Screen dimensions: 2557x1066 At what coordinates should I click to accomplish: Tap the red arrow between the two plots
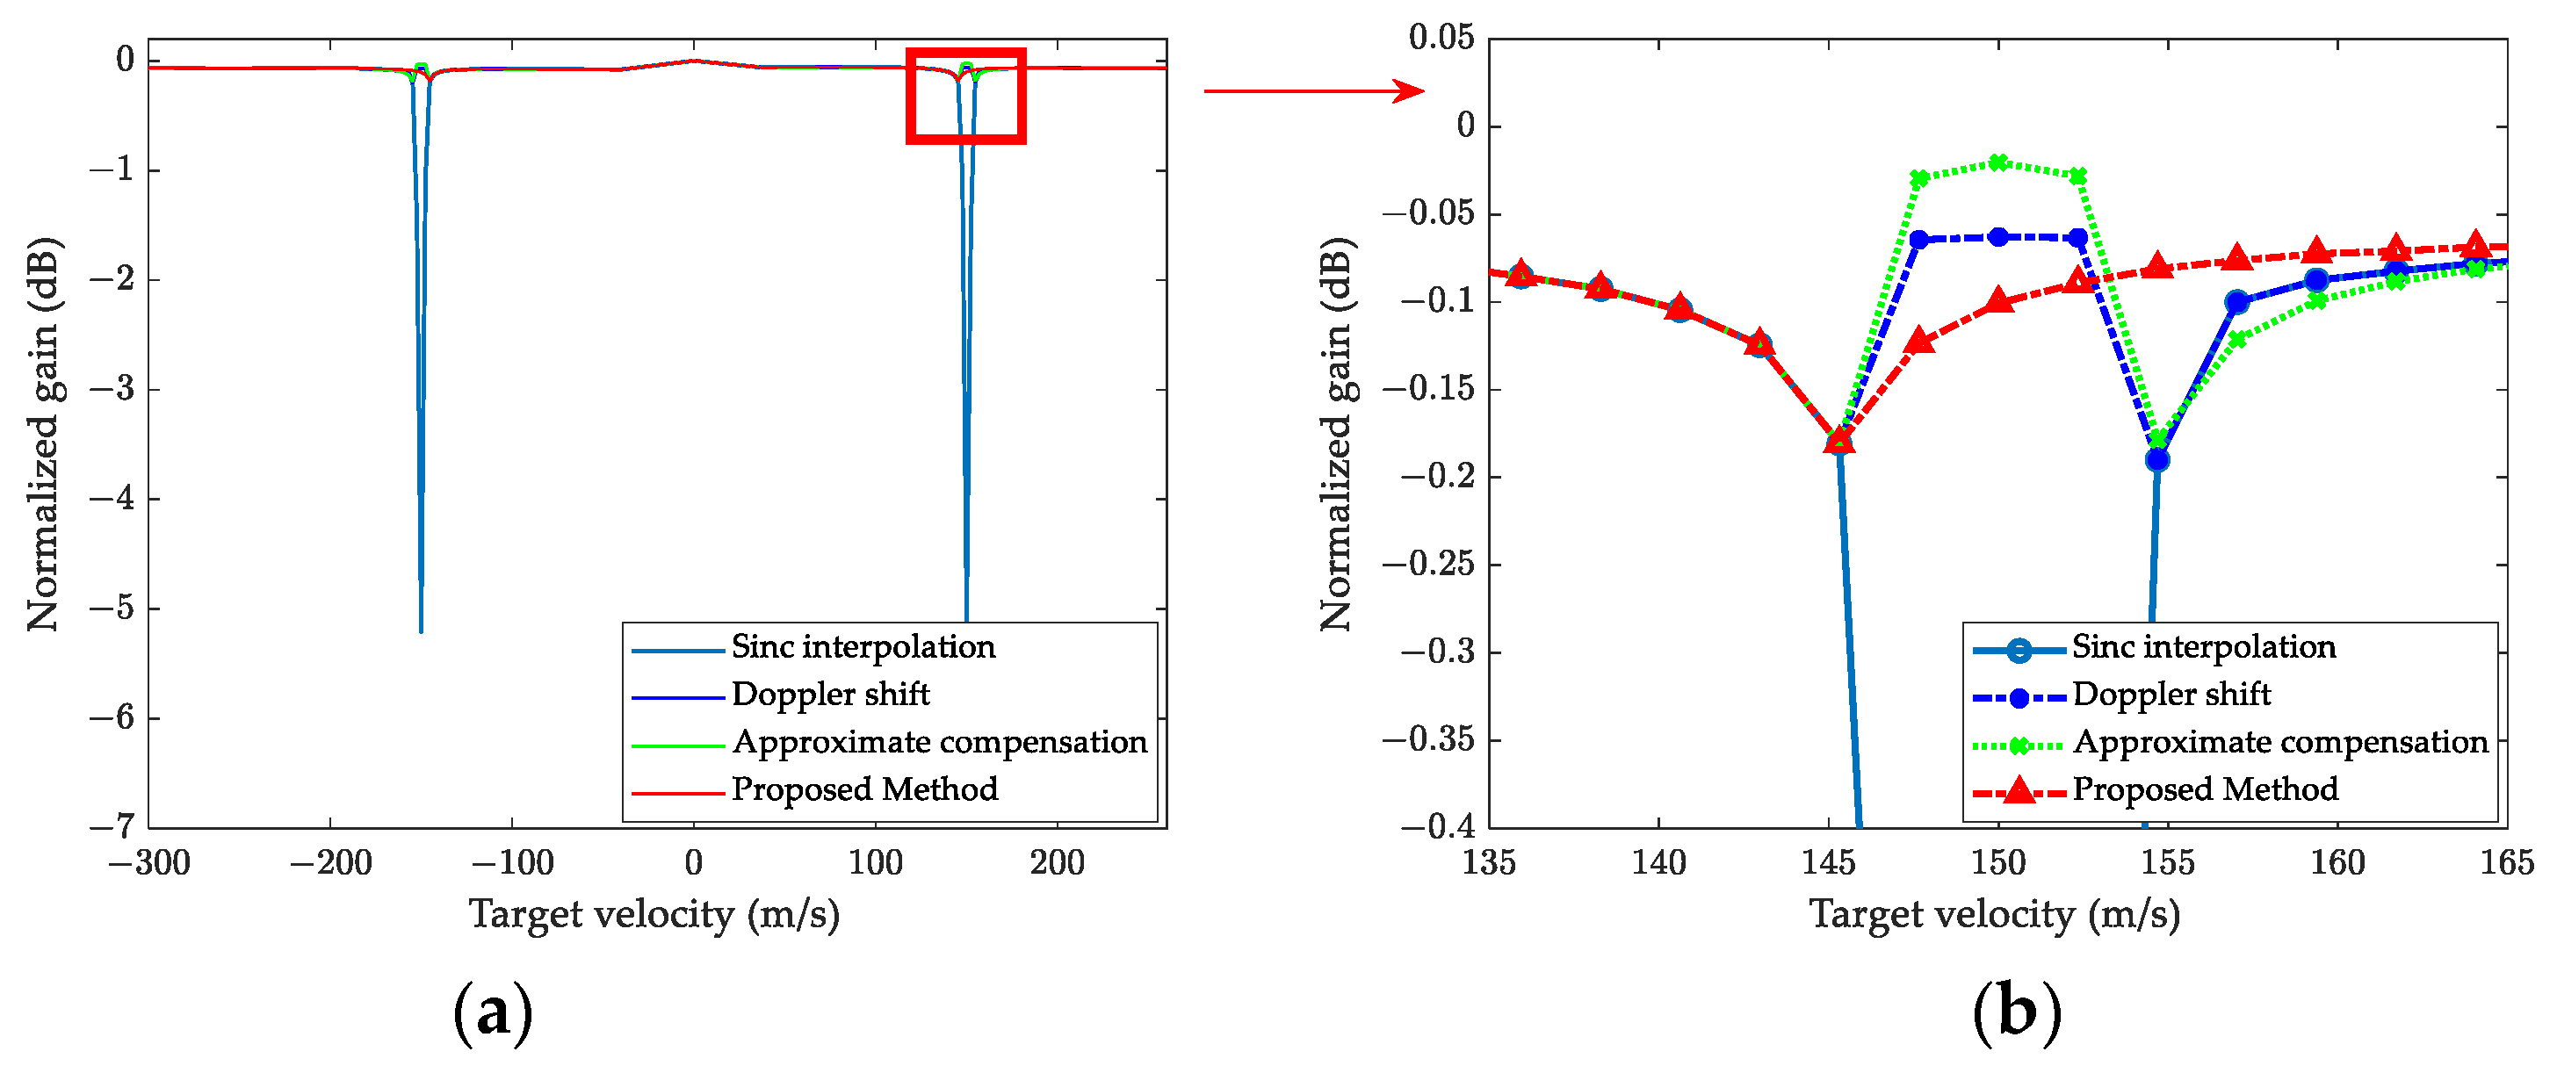point(1314,90)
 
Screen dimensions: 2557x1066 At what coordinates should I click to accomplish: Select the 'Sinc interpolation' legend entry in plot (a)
point(863,647)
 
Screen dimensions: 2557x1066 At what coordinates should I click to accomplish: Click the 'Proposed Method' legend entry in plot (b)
point(2205,790)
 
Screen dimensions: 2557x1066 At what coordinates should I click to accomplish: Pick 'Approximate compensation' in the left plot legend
point(939,743)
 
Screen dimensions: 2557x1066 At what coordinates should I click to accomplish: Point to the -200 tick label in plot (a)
point(330,862)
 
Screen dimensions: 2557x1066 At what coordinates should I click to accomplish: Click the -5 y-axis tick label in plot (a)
point(112,608)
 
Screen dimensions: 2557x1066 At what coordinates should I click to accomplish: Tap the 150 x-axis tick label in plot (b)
point(1998,862)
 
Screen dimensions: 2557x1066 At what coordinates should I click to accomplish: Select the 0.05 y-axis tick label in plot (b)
point(1441,38)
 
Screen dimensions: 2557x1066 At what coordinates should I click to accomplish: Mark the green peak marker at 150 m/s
point(1998,162)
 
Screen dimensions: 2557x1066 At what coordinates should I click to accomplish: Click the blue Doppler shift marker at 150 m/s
point(1998,236)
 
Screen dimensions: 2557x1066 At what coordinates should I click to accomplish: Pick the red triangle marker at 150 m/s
point(1998,300)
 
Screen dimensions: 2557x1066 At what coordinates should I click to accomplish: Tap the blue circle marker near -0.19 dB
point(2157,459)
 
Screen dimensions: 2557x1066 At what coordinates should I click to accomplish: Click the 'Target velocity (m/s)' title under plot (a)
point(654,914)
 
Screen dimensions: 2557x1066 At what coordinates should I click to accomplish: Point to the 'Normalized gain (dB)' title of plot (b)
point(1336,434)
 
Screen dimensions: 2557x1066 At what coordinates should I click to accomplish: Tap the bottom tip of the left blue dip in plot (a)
point(421,631)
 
